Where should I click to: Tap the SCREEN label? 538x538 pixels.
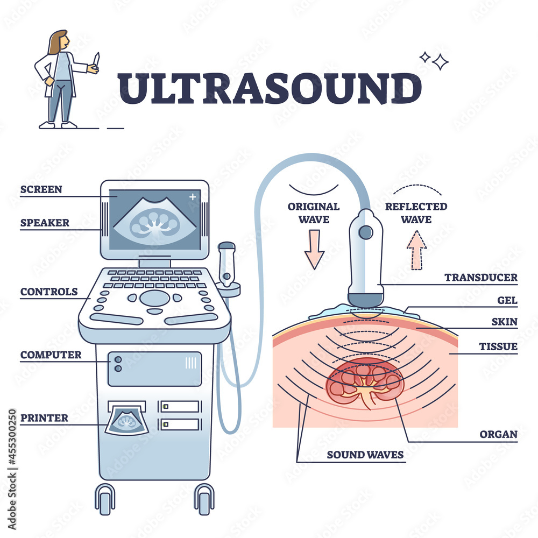point(41,189)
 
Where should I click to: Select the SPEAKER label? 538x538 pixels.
point(45,223)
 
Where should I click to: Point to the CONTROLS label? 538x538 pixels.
point(49,292)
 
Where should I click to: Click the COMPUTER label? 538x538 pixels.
point(51,355)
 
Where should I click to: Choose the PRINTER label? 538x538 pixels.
point(44,418)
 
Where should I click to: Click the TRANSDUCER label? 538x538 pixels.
point(480,278)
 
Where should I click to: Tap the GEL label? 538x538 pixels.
point(507,300)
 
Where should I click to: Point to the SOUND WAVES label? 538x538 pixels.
point(365,455)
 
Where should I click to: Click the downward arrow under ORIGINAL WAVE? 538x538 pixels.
point(314,249)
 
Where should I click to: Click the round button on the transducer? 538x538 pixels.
point(366,232)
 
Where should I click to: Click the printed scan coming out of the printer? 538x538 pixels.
point(127,421)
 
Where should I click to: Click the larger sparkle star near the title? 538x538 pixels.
point(440,62)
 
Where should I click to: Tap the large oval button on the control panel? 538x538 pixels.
point(154,298)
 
